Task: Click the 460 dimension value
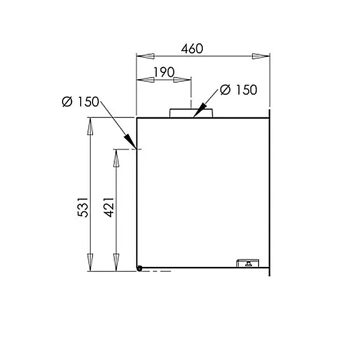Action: pyautogui.click(x=192, y=49)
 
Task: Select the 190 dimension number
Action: pyautogui.click(x=164, y=72)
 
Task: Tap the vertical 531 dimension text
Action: pyautogui.click(x=83, y=207)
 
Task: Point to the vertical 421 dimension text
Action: pyautogui.click(x=109, y=207)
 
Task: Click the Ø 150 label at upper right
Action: pyautogui.click(x=238, y=89)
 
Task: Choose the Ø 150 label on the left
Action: pyautogui.click(x=80, y=102)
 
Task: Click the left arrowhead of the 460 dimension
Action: pyautogui.click(x=145, y=56)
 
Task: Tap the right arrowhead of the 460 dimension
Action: pyautogui.click(x=261, y=56)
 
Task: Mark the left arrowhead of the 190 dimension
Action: pyautogui.click(x=145, y=80)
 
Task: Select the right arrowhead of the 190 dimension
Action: pyautogui.click(x=182, y=80)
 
